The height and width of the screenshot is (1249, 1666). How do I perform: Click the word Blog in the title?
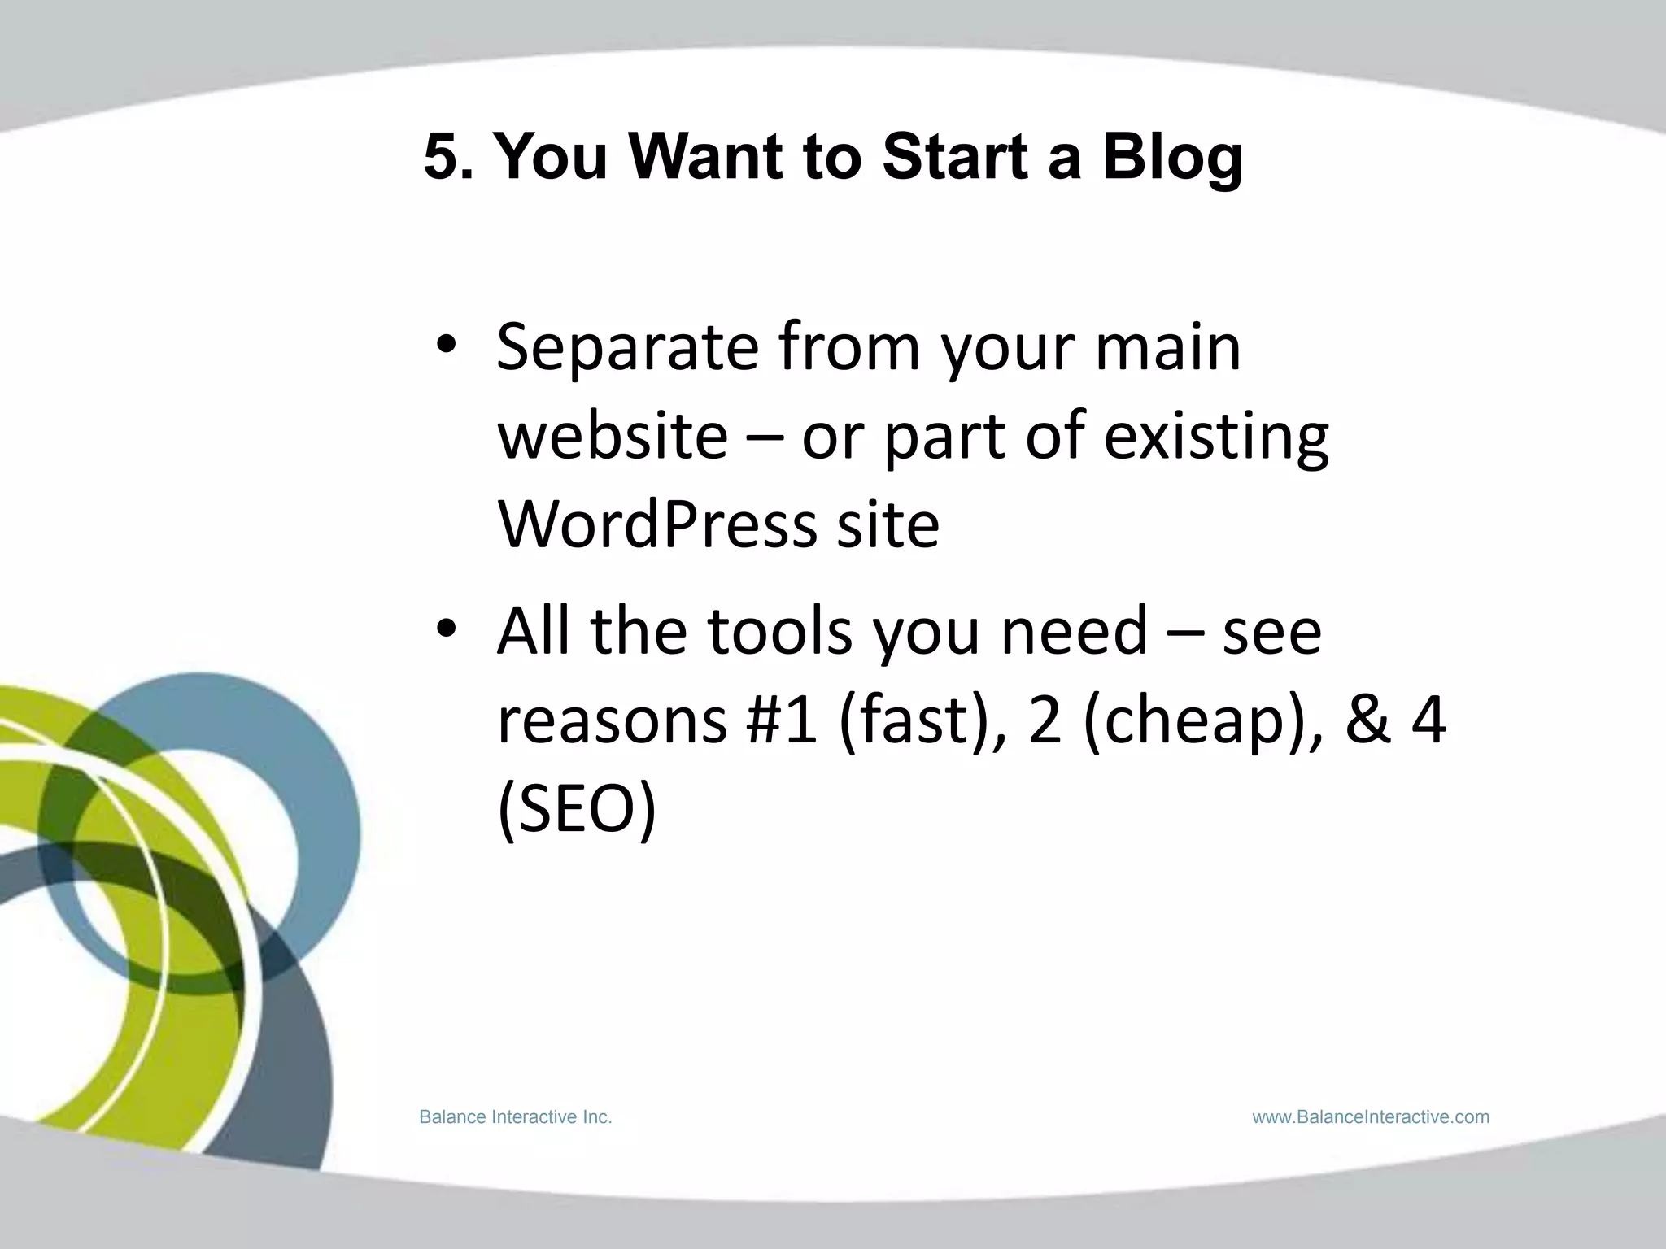(1172, 159)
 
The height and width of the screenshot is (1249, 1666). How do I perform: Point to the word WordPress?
(656, 524)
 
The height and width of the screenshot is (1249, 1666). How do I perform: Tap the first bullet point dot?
(447, 347)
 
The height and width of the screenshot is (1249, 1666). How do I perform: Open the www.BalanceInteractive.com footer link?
(1371, 1117)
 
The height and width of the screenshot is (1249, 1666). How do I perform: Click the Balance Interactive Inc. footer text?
(515, 1117)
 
